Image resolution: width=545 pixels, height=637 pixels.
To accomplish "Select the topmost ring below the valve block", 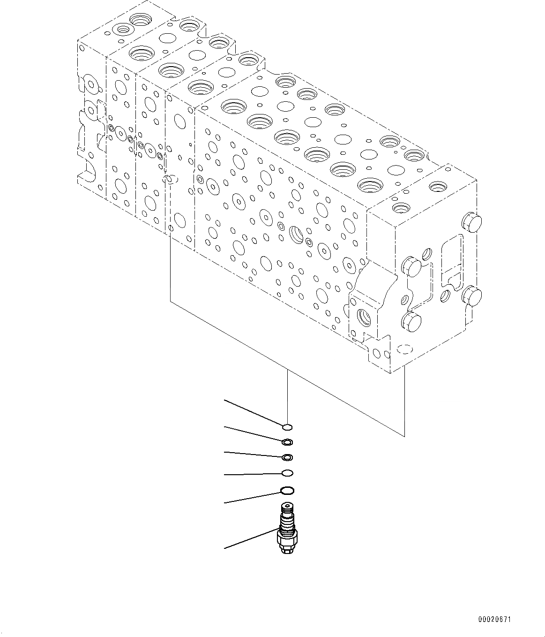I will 287,426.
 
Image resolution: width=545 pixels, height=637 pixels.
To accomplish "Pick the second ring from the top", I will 287,442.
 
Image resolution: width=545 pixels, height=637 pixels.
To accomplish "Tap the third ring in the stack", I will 287,457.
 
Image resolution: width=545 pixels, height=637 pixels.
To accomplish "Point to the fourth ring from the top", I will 287,472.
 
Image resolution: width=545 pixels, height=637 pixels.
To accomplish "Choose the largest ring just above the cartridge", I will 287,491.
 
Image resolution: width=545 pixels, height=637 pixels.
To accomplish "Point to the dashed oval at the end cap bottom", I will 403,349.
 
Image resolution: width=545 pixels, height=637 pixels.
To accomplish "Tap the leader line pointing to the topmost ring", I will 253,413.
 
